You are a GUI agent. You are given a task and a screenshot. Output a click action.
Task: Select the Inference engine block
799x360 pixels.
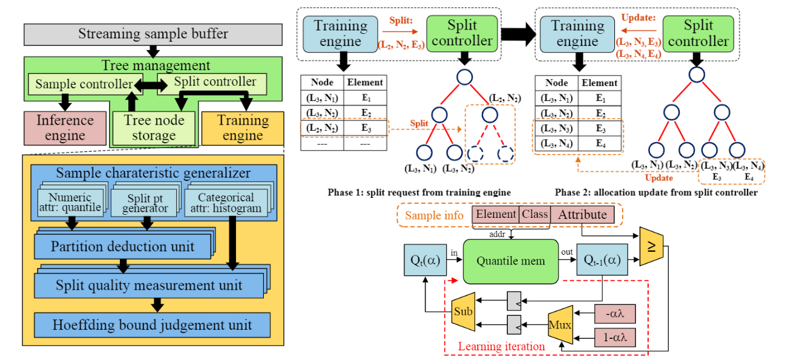coord(65,128)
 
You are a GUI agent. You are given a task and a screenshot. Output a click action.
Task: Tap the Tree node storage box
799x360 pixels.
coord(154,128)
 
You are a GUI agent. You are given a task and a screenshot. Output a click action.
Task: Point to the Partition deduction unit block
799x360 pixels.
coord(122,247)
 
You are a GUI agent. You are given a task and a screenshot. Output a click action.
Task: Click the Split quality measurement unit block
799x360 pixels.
coord(149,285)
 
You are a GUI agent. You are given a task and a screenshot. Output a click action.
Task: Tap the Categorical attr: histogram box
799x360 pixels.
coord(225,203)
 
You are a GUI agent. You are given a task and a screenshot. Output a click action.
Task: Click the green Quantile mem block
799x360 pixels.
coord(510,261)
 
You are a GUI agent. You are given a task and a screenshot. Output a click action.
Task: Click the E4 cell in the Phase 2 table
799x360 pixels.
coord(600,143)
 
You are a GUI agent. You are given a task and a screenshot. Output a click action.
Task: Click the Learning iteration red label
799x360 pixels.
coord(501,347)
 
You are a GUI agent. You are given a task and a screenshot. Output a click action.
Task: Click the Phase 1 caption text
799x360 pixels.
coord(419,192)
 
